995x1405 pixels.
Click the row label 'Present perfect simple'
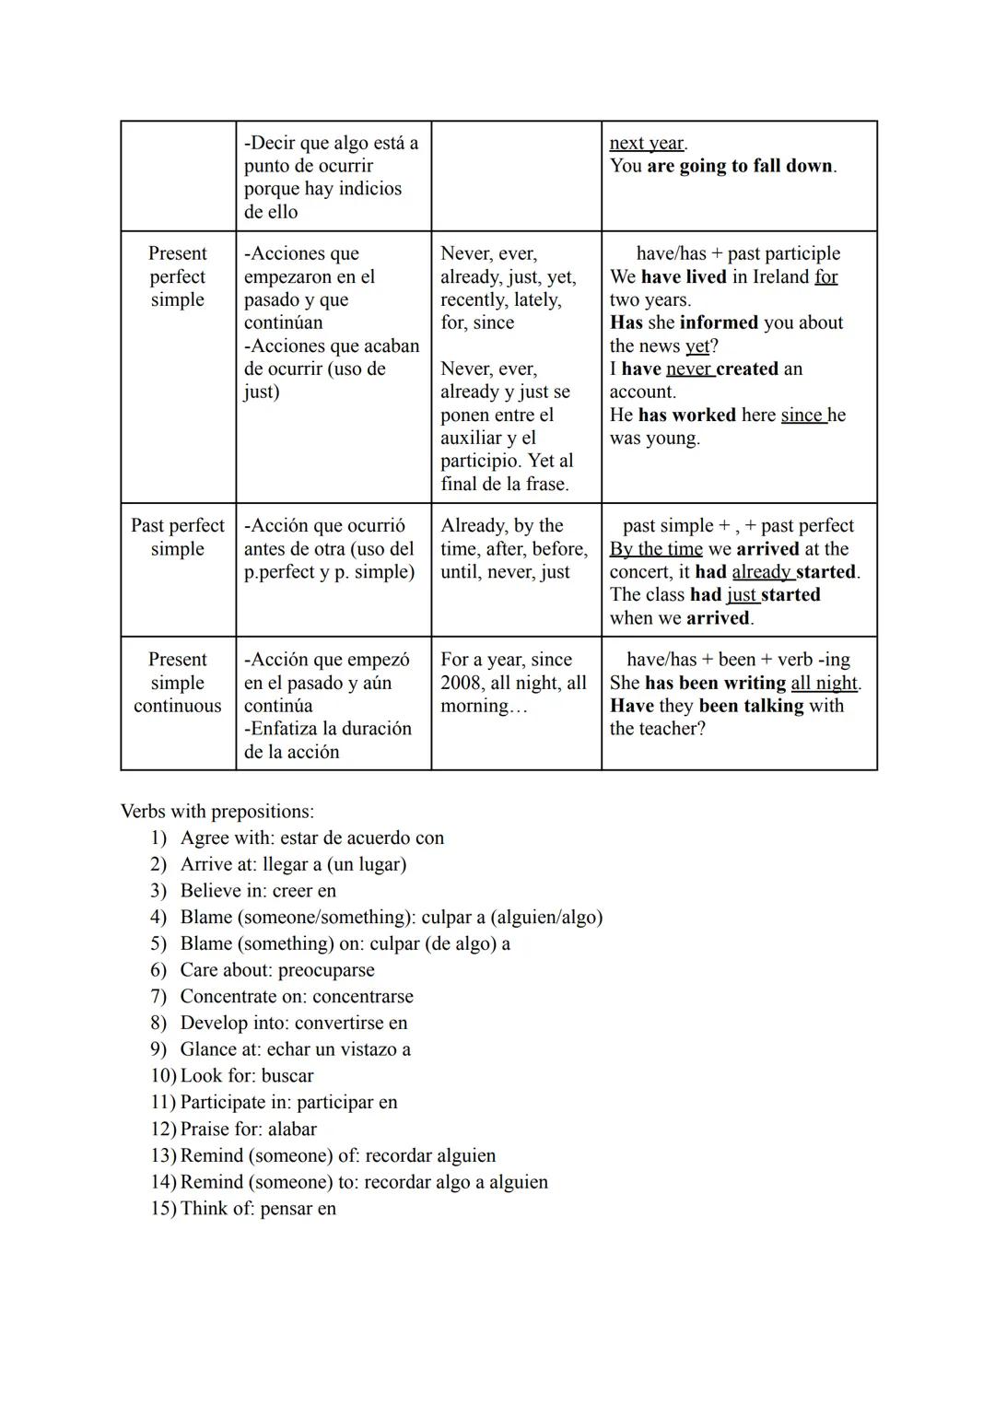tap(178, 276)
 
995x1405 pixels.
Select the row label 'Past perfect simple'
tap(178, 537)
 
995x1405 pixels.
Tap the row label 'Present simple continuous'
tap(178, 683)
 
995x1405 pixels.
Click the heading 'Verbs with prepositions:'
tap(217, 812)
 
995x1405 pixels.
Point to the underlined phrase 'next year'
tap(647, 143)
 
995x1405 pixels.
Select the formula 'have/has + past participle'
tap(738, 253)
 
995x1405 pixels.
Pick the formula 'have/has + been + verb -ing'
tap(738, 660)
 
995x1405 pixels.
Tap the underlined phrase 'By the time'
tap(656, 549)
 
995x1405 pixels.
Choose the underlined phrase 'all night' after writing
tap(825, 683)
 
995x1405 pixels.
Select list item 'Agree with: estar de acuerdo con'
tap(311, 838)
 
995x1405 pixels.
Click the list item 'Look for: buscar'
tap(247, 1076)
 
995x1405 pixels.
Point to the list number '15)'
tap(162, 1209)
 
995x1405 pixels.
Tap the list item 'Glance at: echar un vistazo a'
tap(295, 1049)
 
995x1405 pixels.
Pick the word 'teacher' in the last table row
tap(671, 729)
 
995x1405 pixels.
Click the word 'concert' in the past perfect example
tap(641, 572)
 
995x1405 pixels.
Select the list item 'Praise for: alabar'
tap(248, 1130)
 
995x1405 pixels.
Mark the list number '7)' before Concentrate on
tap(158, 997)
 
